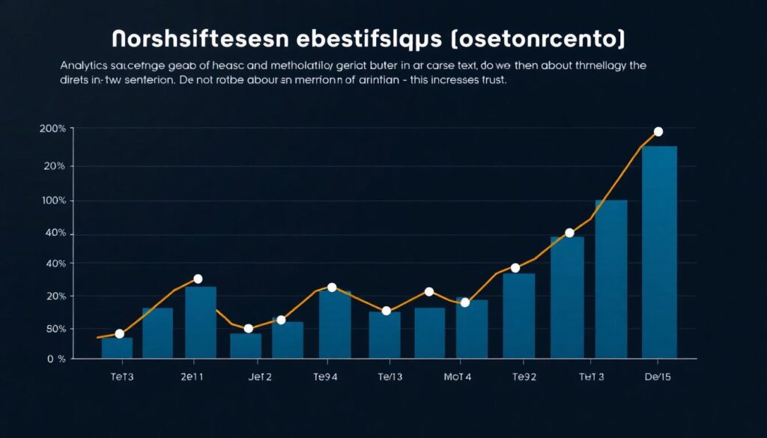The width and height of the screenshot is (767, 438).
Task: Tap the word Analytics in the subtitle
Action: (x=85, y=66)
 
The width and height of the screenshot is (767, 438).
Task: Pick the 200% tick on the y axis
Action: (x=52, y=130)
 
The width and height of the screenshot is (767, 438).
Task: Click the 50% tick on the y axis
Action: (x=55, y=329)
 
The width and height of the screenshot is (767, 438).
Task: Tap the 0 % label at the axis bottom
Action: (x=56, y=359)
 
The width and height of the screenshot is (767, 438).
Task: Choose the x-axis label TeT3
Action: (x=118, y=377)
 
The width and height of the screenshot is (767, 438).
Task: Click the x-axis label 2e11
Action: (x=193, y=377)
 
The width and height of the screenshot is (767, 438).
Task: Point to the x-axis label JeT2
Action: (x=259, y=377)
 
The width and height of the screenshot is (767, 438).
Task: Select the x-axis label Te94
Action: (x=324, y=377)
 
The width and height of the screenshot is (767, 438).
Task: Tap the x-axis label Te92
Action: (x=523, y=377)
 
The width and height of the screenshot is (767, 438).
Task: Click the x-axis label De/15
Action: (x=658, y=377)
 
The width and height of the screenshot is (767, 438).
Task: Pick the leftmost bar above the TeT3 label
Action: (x=117, y=347)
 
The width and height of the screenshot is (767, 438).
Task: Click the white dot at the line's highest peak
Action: (x=658, y=132)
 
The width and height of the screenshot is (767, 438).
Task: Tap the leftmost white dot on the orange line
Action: (x=119, y=334)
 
